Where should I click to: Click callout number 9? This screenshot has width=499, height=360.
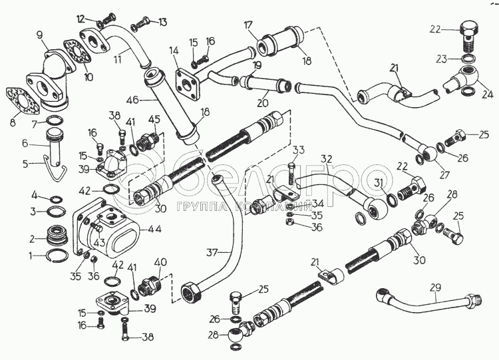click(40, 35)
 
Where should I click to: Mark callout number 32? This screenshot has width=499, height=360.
click(325, 159)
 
